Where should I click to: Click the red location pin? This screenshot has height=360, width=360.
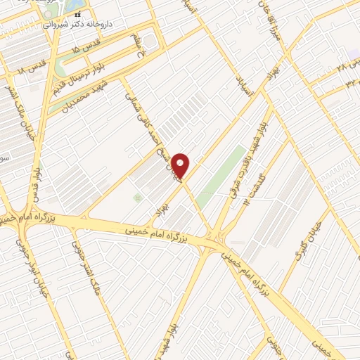pos(181,166)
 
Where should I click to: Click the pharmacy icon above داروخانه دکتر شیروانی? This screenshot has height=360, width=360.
pos(78,15)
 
